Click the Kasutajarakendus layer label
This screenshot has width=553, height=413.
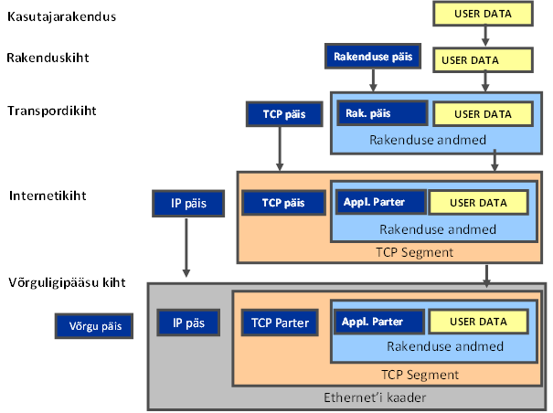(62, 16)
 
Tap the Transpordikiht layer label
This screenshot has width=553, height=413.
(52, 111)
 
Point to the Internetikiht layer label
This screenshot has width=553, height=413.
(48, 196)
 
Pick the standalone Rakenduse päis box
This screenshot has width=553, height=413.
(371, 57)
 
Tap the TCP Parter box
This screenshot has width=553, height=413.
(281, 322)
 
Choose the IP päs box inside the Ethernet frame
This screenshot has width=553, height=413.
(188, 322)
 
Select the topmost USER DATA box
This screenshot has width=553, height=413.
(484, 14)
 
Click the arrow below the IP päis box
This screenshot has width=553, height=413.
(187, 247)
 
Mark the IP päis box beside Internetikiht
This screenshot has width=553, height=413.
(189, 203)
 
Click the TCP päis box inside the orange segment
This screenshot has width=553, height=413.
(283, 203)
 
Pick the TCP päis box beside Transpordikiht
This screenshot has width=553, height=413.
(283, 114)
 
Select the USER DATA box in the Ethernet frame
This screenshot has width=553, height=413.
(478, 322)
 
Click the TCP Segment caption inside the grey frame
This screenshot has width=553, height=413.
(419, 375)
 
